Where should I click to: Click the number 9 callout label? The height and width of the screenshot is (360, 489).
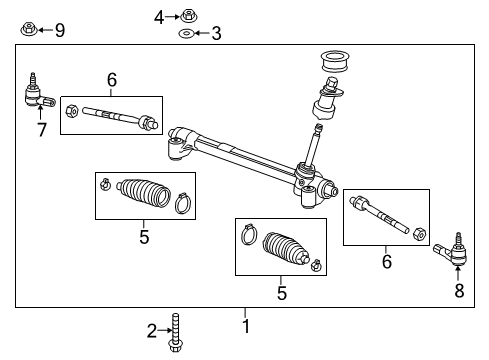point(59,30)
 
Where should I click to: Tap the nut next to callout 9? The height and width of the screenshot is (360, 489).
point(28,29)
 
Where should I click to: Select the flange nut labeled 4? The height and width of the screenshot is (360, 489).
point(188,15)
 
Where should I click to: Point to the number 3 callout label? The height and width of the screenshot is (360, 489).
point(216,34)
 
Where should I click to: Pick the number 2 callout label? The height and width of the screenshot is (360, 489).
point(152,330)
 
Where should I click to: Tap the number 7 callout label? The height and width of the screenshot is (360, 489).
point(41,130)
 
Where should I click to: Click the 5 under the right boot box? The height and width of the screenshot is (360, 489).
point(282,293)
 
